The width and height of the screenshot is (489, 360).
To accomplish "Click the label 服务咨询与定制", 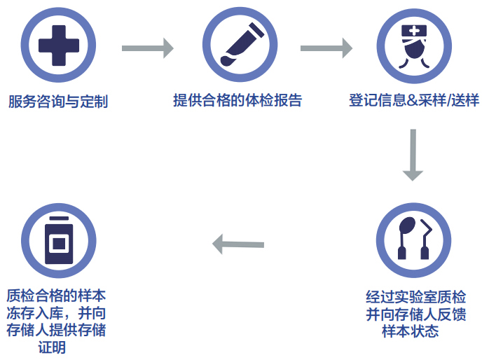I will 58,102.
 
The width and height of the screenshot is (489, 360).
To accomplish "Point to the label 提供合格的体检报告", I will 237,100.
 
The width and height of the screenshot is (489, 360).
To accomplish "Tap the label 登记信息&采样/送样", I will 413,100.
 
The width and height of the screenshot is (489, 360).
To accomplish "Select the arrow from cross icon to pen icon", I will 147,48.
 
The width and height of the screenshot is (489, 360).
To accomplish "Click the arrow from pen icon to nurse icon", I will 326,48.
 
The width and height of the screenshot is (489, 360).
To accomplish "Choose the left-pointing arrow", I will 237,244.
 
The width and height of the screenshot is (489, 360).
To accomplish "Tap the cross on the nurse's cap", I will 414,30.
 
